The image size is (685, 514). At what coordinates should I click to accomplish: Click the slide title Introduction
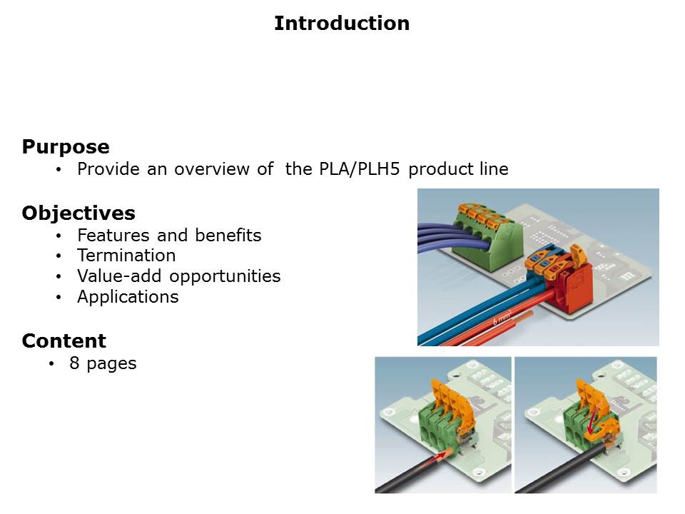pyautogui.click(x=342, y=24)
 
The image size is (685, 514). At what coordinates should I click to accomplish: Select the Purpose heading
pyautogui.click(x=66, y=148)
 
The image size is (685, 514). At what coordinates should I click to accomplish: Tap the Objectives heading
pyautogui.click(x=78, y=213)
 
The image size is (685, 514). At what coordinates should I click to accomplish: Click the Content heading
pyautogui.click(x=64, y=341)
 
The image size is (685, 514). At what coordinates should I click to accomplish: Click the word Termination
pyautogui.click(x=126, y=256)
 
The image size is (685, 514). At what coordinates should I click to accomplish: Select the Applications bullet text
pyautogui.click(x=128, y=297)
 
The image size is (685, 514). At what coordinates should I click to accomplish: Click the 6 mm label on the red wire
pyautogui.click(x=502, y=320)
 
